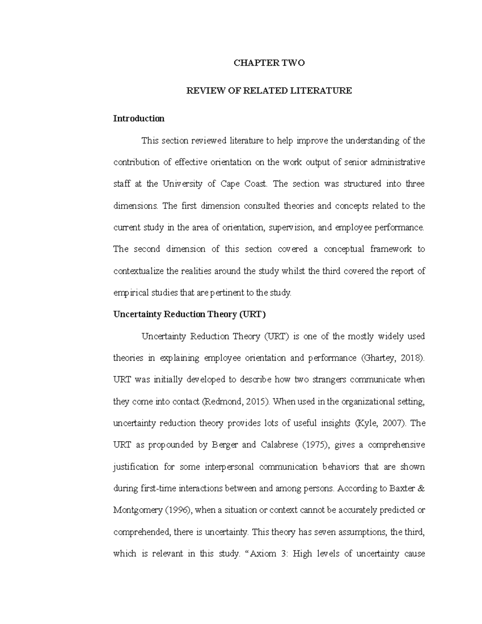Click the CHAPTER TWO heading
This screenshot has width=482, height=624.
[269, 63]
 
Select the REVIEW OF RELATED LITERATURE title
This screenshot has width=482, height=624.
[269, 91]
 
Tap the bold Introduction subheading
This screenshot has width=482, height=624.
[139, 119]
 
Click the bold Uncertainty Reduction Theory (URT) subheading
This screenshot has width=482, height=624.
[190, 315]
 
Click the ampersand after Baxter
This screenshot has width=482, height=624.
[421, 489]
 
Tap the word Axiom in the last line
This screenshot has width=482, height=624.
[263, 554]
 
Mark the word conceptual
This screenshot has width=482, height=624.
[344, 249]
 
